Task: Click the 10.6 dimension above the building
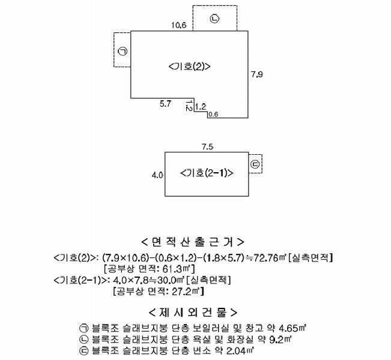(x=179, y=25)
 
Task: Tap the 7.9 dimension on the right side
(x=257, y=74)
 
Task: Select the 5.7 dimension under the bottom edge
(x=166, y=104)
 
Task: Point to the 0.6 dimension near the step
(x=213, y=115)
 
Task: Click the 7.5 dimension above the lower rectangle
(x=207, y=147)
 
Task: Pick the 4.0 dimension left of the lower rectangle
(x=157, y=175)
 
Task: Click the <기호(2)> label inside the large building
(x=190, y=67)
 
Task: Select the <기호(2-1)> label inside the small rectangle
(x=207, y=173)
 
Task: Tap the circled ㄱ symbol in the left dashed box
(x=123, y=52)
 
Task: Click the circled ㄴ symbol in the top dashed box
(x=214, y=19)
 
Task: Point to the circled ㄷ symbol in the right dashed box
(x=255, y=164)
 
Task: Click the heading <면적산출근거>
(x=193, y=242)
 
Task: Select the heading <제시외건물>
(x=193, y=313)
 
